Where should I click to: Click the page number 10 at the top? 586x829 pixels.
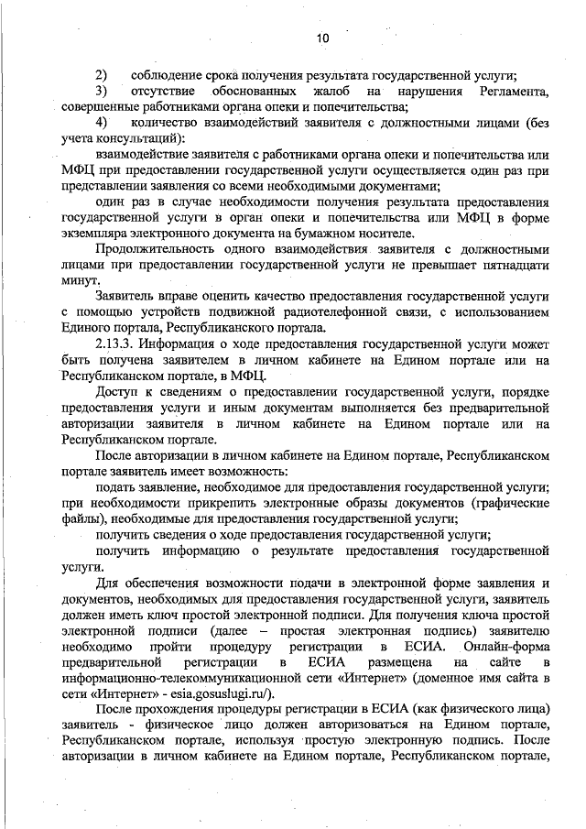click(x=322, y=38)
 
